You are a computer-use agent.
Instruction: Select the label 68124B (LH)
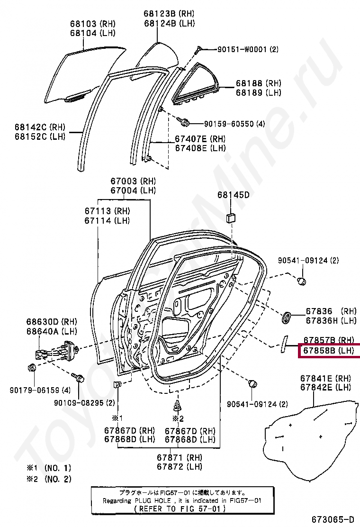tap(169, 23)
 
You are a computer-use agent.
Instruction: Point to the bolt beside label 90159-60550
tap(186, 123)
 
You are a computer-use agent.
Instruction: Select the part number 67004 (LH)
tap(133, 191)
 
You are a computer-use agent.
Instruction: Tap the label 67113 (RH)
tap(107, 211)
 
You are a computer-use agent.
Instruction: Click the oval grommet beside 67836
tap(287, 317)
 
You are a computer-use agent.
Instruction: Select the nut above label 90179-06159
tap(32, 368)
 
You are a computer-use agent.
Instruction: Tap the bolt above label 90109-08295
tap(79, 378)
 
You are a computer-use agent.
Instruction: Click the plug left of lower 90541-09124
tap(253, 382)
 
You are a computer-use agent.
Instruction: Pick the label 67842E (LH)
tap(325, 388)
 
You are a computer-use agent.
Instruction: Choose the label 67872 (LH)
tap(180, 467)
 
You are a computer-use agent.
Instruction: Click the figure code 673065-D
tap(333, 519)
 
